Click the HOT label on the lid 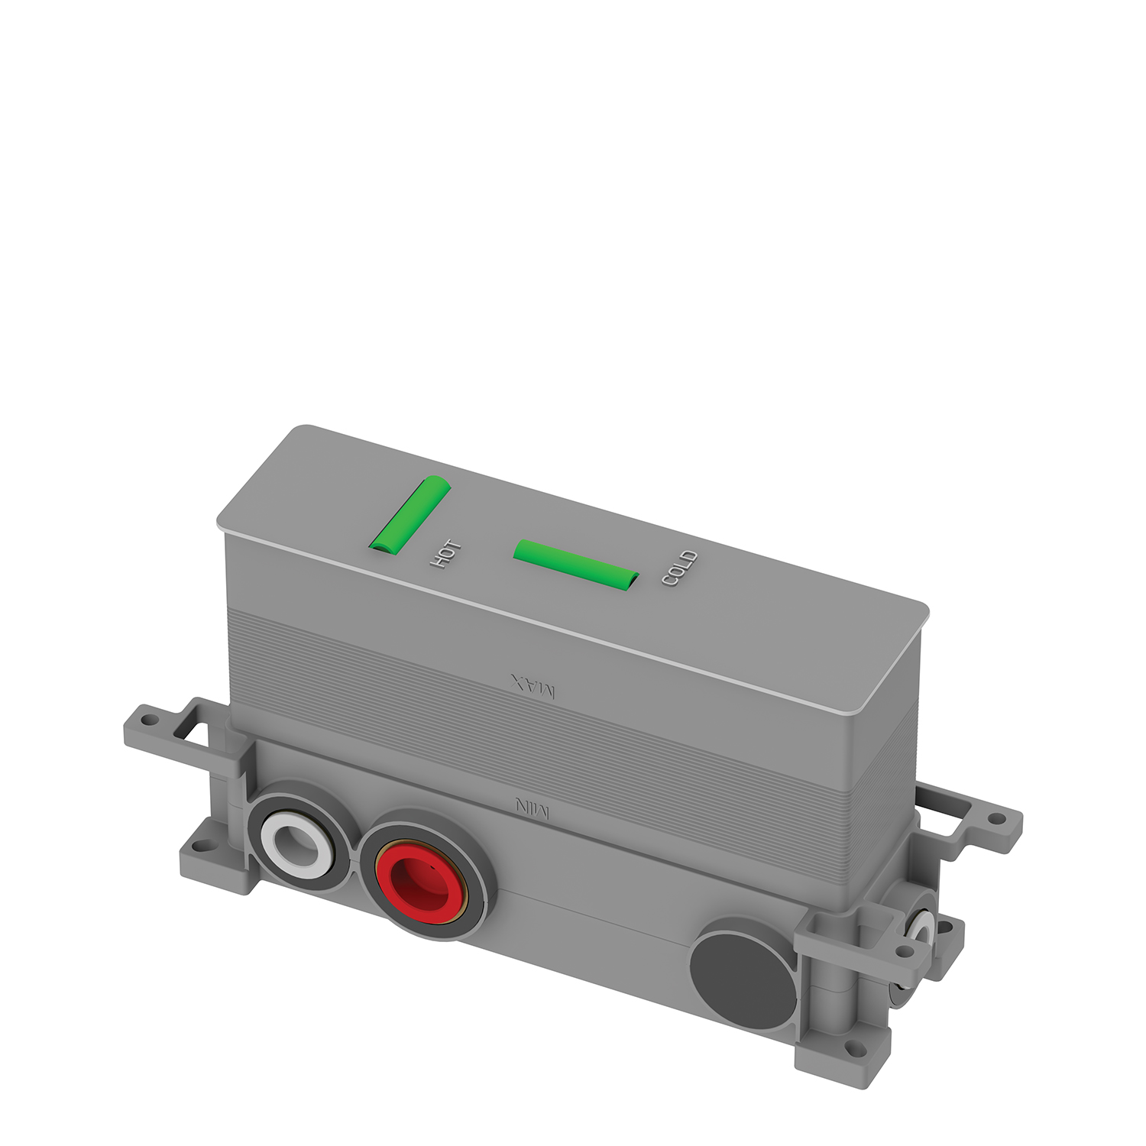pos(445,553)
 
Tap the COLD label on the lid pos(679,568)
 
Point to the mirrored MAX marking pos(533,686)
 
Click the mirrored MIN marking pos(532,808)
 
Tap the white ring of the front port pos(295,840)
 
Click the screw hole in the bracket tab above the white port pos(150,720)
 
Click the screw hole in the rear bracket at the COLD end pos(997,818)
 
